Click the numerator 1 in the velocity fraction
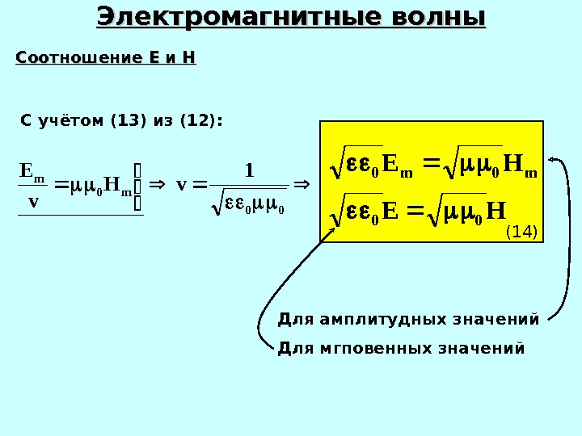coord(249,170)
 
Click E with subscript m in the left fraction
coord(32,172)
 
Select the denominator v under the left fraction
coord(33,202)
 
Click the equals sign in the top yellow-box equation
coord(431,166)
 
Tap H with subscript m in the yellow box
coord(518,167)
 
